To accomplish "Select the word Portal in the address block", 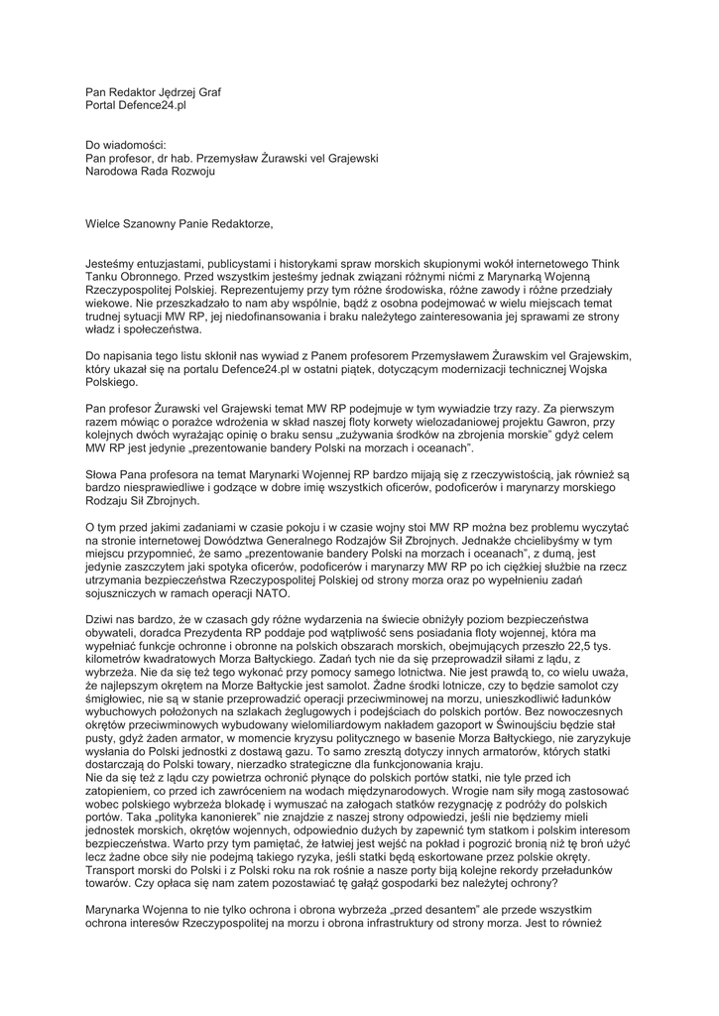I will point(102,105).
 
